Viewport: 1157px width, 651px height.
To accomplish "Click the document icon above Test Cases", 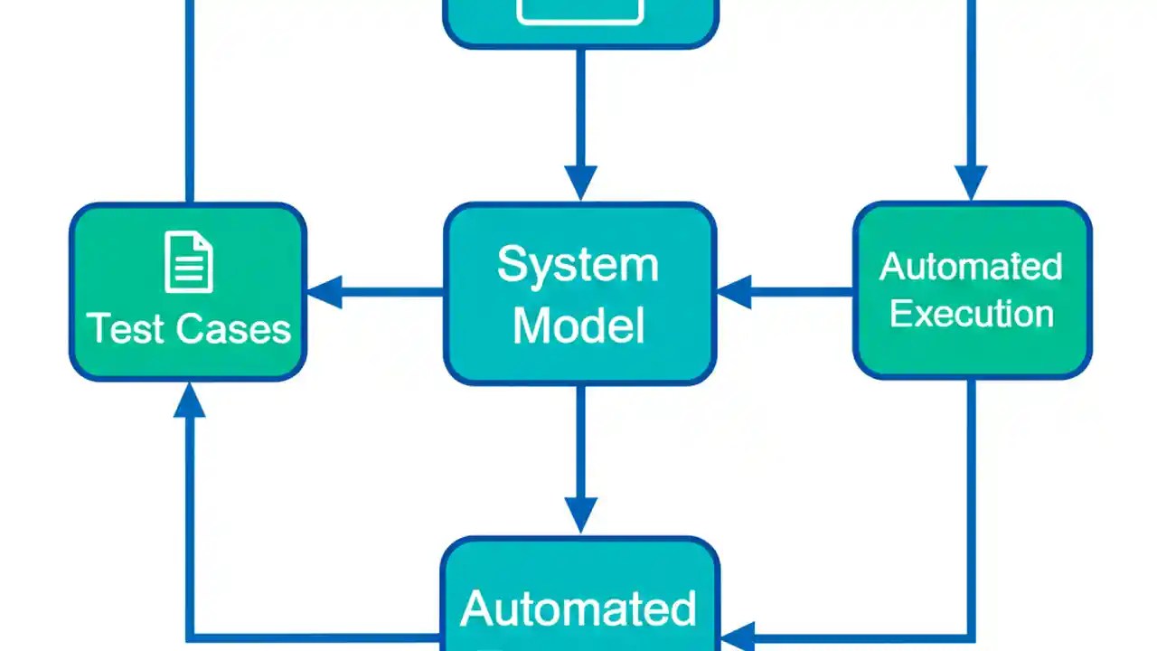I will [189, 262].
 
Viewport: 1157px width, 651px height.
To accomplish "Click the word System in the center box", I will [578, 265].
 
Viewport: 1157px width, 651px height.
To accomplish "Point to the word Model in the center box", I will [578, 325].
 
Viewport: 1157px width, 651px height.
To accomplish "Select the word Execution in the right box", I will [972, 314].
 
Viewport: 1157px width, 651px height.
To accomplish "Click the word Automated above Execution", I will [972, 267].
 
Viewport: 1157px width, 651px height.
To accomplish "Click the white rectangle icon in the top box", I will [579, 9].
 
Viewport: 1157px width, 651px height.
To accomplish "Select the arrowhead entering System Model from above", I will [579, 183].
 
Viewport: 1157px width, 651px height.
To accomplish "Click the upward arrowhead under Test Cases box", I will [189, 400].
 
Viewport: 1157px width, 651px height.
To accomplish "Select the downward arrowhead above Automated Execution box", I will [972, 183].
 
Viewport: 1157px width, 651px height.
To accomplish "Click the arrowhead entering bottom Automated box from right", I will [738, 637].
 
